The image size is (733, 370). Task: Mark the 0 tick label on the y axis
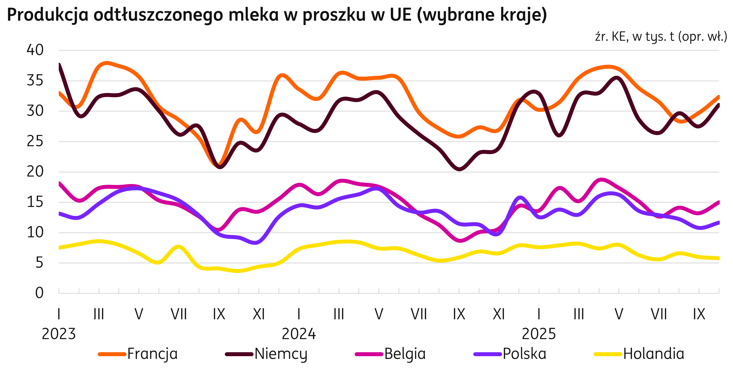point(39,293)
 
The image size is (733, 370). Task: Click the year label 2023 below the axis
point(59,334)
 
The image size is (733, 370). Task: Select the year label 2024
point(299,334)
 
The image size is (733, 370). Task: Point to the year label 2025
point(539,334)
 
